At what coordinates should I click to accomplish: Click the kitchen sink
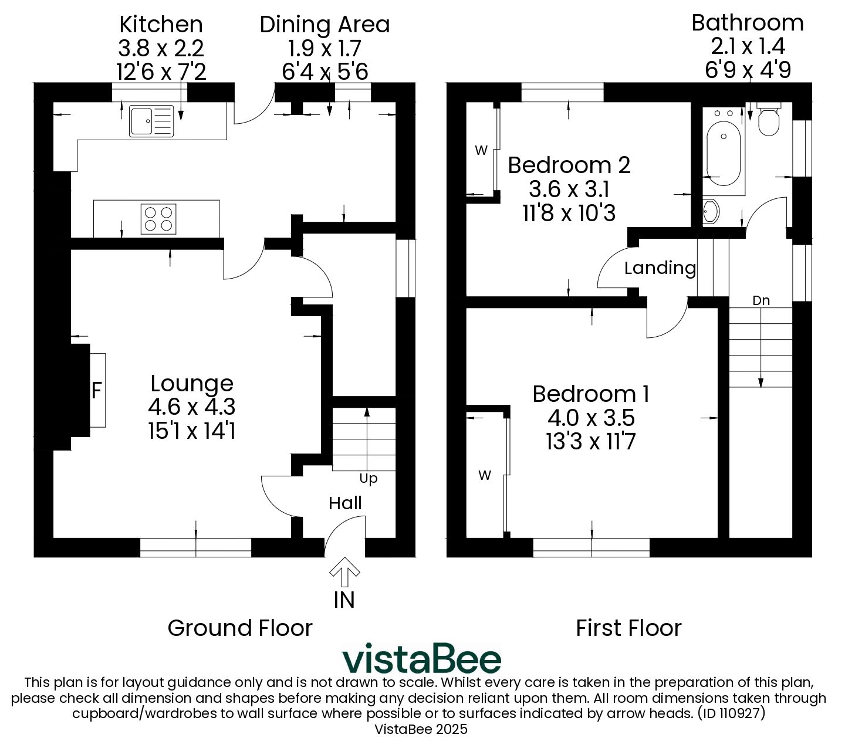pyautogui.click(x=151, y=121)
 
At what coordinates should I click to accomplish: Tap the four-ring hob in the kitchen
pyautogui.click(x=158, y=219)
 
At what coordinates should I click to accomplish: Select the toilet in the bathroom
pyautogui.click(x=768, y=120)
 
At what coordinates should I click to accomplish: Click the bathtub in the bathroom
pyautogui.click(x=724, y=153)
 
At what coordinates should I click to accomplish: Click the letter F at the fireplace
pyautogui.click(x=96, y=391)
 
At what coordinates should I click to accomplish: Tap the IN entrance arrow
pyautogui.click(x=344, y=571)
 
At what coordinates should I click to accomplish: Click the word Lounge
pyautogui.click(x=192, y=384)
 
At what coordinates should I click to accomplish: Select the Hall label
pyautogui.click(x=345, y=503)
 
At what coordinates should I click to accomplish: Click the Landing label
pyautogui.click(x=660, y=268)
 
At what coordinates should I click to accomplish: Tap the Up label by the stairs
pyautogui.click(x=369, y=479)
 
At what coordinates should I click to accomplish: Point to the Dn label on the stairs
pyautogui.click(x=760, y=300)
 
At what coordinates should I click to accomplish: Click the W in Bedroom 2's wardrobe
pyautogui.click(x=481, y=150)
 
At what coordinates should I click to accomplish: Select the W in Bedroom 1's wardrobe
pyautogui.click(x=485, y=475)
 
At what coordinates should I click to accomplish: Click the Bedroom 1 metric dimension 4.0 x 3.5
pyautogui.click(x=591, y=418)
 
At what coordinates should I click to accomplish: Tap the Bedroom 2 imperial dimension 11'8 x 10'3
pyautogui.click(x=569, y=213)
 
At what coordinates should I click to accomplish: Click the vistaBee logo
pyautogui.click(x=421, y=658)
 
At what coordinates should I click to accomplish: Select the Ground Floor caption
pyautogui.click(x=240, y=628)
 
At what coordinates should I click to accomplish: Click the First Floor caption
pyautogui.click(x=628, y=628)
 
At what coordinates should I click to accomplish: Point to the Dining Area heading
pyautogui.click(x=325, y=25)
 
